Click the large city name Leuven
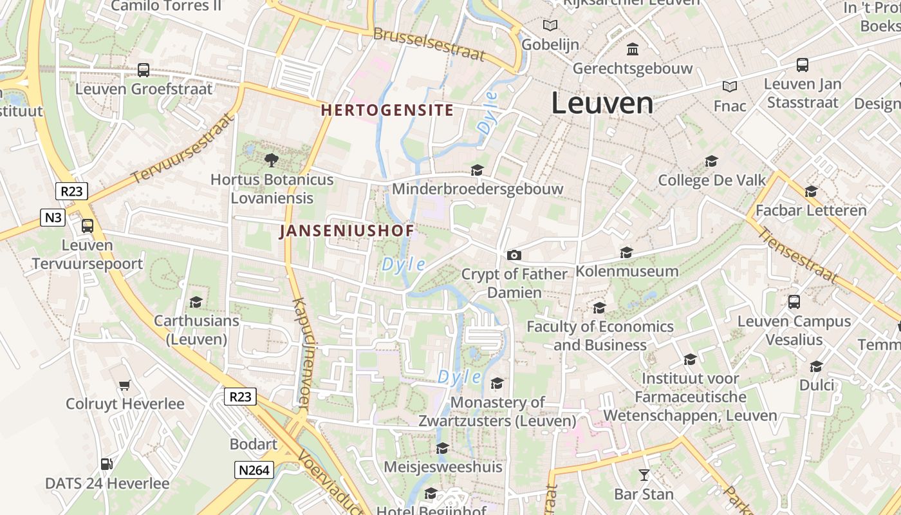click(602, 104)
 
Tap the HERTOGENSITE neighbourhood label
click(387, 110)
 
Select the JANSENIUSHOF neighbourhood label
click(347, 230)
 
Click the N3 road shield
click(53, 218)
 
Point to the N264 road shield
click(254, 470)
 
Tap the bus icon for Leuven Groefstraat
click(144, 70)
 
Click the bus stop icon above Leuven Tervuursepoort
click(87, 226)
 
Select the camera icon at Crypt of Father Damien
click(513, 255)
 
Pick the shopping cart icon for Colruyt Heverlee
click(125, 385)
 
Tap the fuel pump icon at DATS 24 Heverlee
click(107, 464)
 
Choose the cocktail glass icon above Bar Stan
click(644, 475)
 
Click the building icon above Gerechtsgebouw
click(633, 49)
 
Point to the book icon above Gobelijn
click(550, 26)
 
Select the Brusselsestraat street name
click(429, 44)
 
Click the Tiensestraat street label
click(797, 255)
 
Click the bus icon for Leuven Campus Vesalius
click(794, 301)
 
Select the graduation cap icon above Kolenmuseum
click(626, 252)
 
